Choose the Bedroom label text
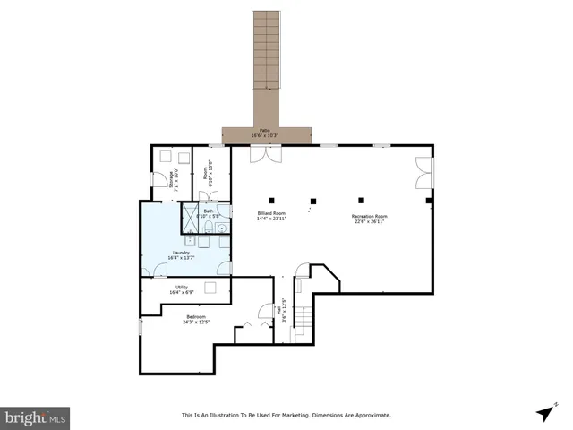point(196,318)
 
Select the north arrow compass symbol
point(543,413)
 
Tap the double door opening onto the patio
point(265,154)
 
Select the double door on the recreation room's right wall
point(423,174)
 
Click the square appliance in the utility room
point(211,287)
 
